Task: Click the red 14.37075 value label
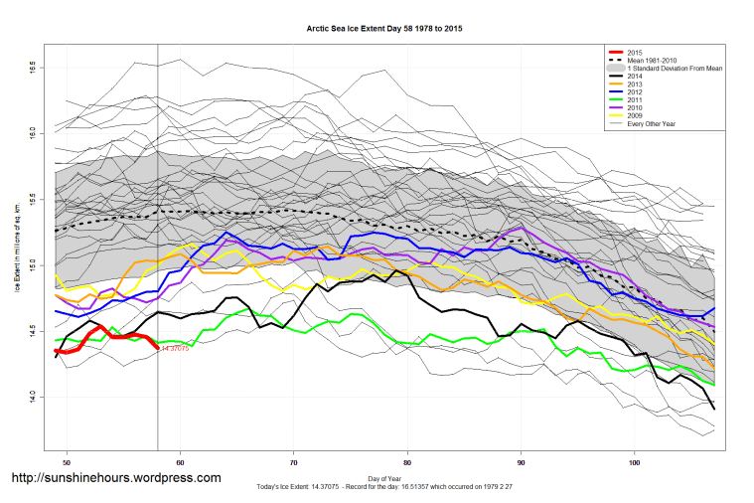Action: [x=174, y=348]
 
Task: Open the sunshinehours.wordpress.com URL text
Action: [x=116, y=478]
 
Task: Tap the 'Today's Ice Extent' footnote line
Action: [x=381, y=487]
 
